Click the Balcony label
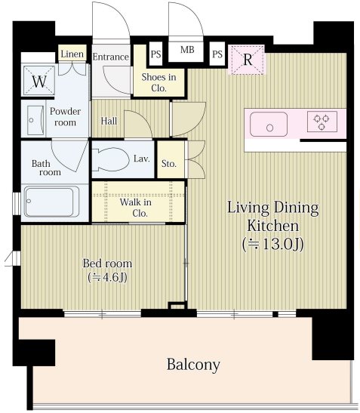click(x=193, y=365)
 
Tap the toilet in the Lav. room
click(x=111, y=159)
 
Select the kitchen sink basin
click(x=269, y=125)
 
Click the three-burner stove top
click(x=322, y=122)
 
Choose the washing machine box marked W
click(x=39, y=81)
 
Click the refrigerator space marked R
click(x=248, y=60)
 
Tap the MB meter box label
click(x=187, y=50)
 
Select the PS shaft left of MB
click(x=155, y=54)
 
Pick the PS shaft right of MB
click(x=217, y=54)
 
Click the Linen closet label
click(x=72, y=54)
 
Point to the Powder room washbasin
click(x=35, y=120)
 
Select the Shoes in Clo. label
click(x=158, y=82)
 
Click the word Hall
click(x=109, y=121)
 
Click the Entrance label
click(x=111, y=57)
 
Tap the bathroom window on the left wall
click(x=17, y=204)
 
